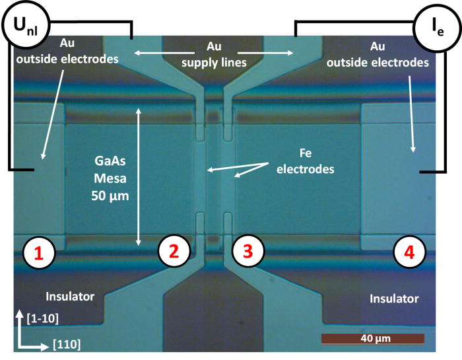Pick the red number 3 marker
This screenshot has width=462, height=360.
(x=248, y=251)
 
